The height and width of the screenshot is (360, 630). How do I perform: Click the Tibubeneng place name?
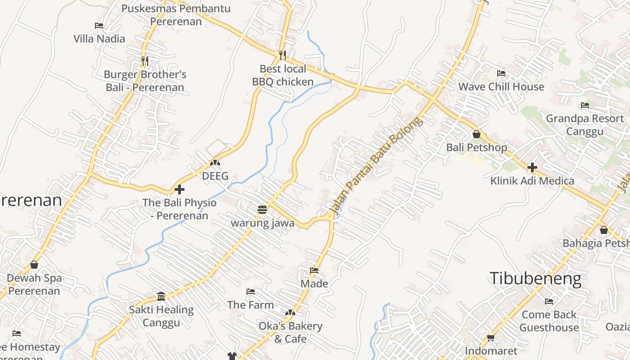coord(535,279)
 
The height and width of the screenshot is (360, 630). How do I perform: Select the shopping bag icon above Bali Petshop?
coord(477,134)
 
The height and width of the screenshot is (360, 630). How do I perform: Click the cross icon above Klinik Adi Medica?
coord(532,167)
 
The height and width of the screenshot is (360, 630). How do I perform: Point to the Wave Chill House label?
coord(501,86)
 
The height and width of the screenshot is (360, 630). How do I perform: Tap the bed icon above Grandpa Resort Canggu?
coord(585,105)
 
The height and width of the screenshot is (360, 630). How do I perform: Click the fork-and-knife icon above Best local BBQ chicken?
coord(282,55)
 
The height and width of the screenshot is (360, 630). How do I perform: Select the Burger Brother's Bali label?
coord(145,81)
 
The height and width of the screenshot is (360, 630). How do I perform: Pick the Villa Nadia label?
coord(99,39)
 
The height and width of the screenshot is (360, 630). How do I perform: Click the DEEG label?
coord(215,176)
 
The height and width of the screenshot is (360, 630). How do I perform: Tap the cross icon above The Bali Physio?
coord(180,189)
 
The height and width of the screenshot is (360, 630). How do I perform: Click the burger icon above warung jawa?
coord(262,209)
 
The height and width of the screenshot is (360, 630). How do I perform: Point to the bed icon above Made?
coord(314,270)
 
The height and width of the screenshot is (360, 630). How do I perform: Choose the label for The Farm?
coord(250,305)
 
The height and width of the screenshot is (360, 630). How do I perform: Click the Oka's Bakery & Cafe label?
coord(290,332)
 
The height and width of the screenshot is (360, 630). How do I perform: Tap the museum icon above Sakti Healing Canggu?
coord(161,296)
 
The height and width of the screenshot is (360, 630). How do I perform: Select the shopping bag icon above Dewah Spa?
coord(34,265)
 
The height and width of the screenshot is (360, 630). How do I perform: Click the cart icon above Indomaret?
coord(490,337)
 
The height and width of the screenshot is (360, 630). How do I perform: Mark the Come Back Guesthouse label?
coord(549,320)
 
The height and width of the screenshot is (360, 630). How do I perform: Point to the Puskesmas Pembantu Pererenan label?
coord(176,15)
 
